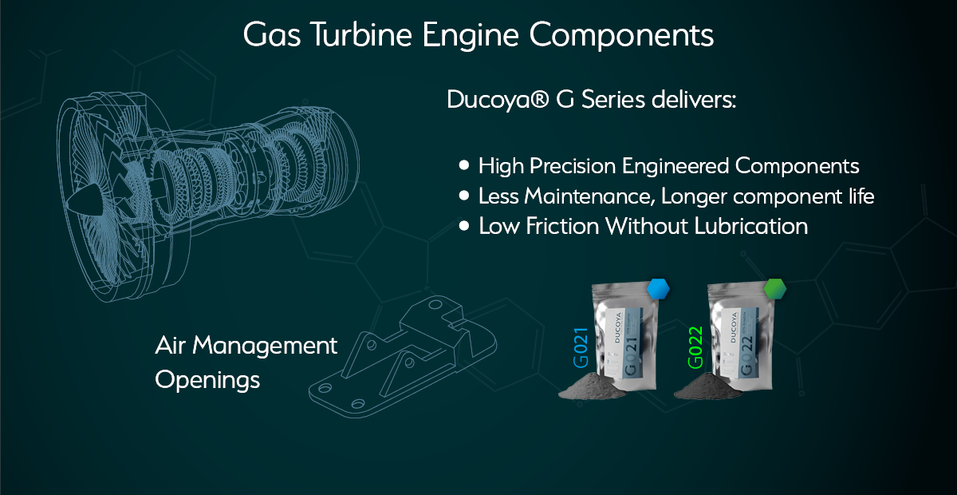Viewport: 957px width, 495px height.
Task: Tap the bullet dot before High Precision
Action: pyautogui.click(x=465, y=165)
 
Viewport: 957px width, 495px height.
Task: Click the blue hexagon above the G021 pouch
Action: pyautogui.click(x=658, y=288)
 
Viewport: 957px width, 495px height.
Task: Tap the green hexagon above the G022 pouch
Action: pyautogui.click(x=775, y=288)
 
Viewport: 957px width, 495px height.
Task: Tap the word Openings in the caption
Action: pyautogui.click(x=207, y=379)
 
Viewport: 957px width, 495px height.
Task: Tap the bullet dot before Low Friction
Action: pyautogui.click(x=465, y=226)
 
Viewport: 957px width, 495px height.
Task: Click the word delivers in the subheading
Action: pyautogui.click(x=687, y=101)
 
